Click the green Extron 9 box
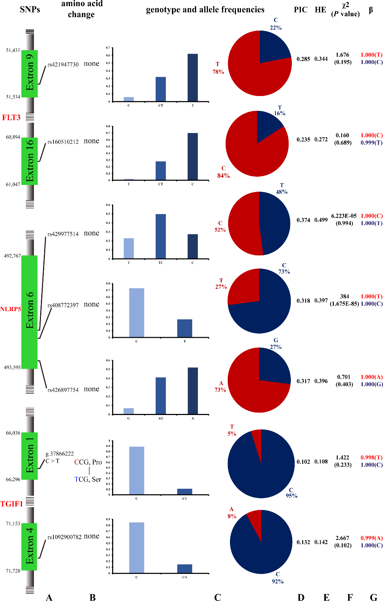(x=30, y=74)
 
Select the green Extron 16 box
(x=30, y=161)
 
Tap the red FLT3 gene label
(x=11, y=117)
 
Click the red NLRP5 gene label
(x=10, y=309)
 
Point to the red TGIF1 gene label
(x=12, y=504)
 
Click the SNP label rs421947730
(x=63, y=64)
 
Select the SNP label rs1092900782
(x=64, y=537)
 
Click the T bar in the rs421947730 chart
(x=193, y=78)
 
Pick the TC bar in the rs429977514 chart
(x=161, y=236)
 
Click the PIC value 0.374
(x=303, y=220)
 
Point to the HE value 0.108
(x=321, y=462)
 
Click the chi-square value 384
(x=344, y=296)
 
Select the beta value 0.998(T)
(x=371, y=457)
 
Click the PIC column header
(x=300, y=10)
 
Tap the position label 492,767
(x=12, y=256)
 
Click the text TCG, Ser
(x=88, y=479)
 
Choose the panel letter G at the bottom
(x=373, y=597)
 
